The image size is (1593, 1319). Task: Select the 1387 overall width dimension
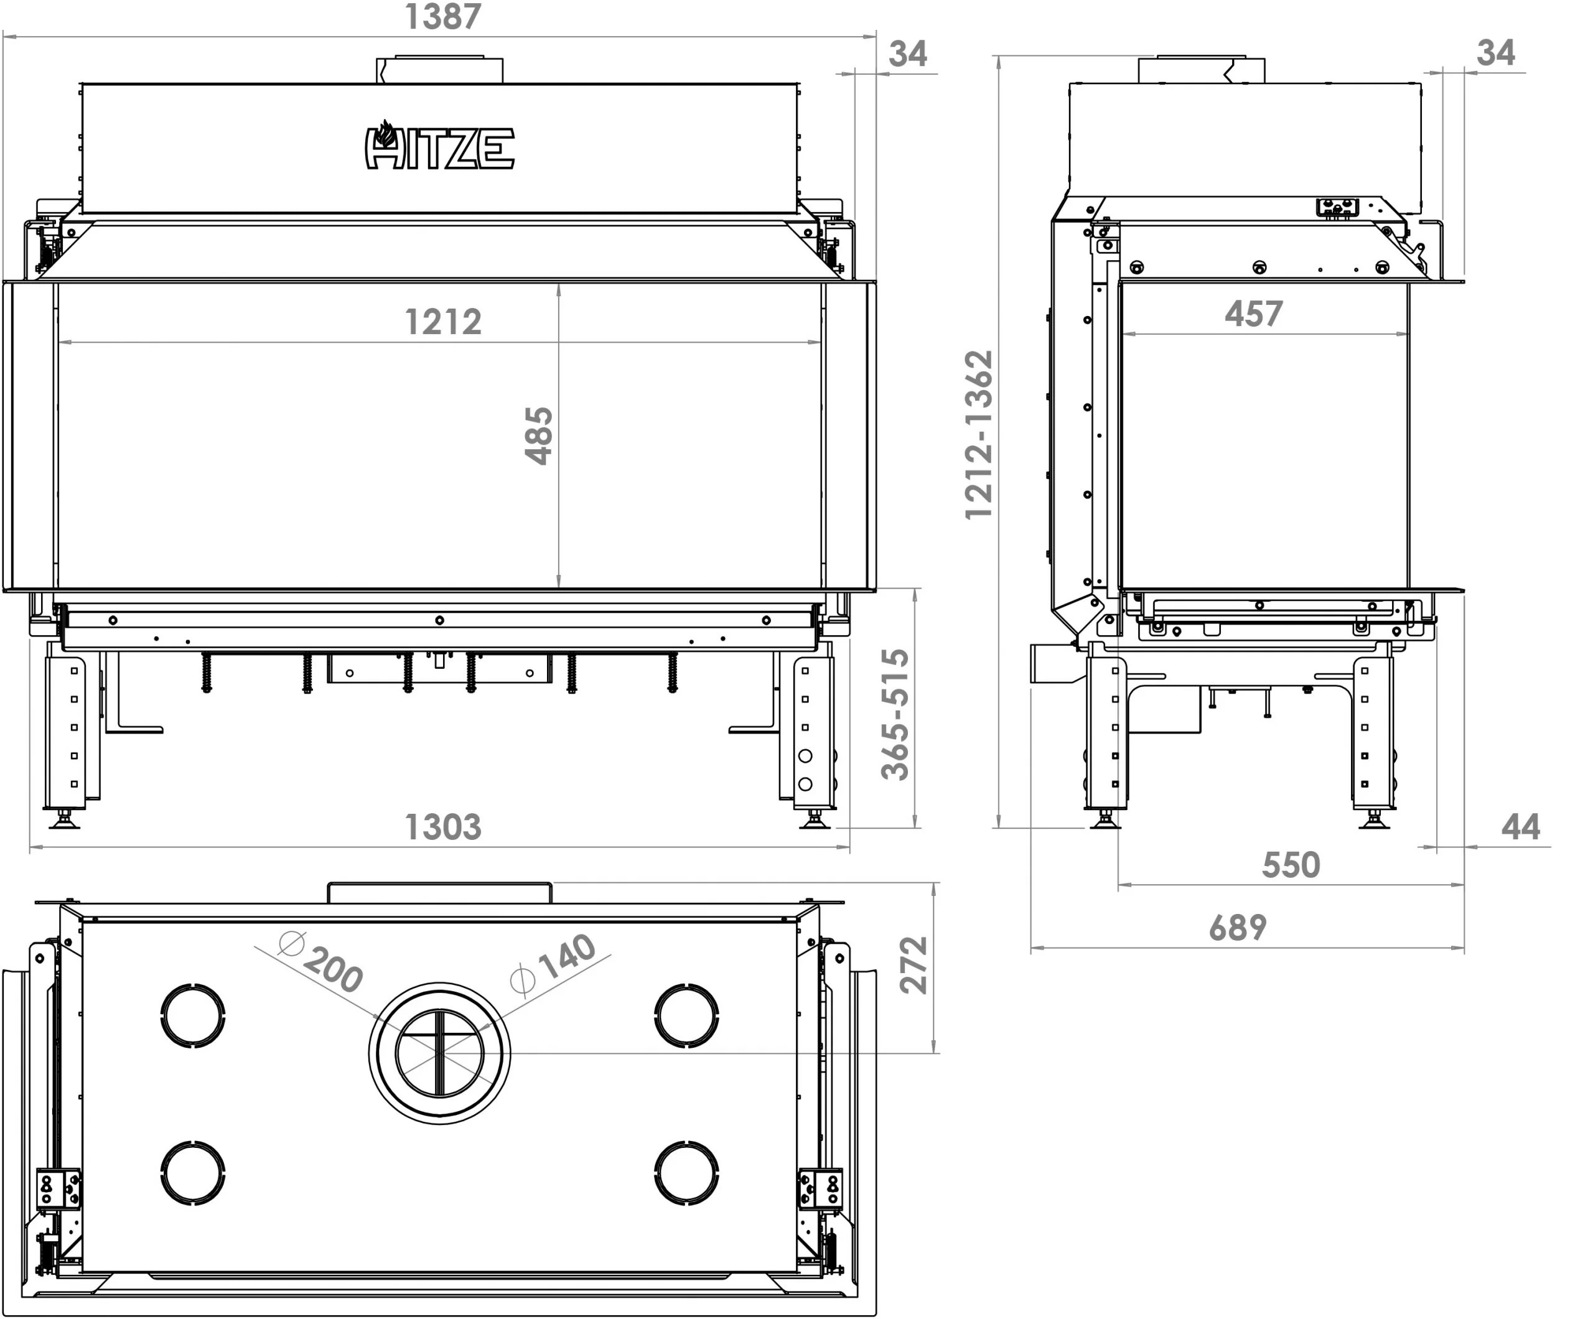pyautogui.click(x=443, y=17)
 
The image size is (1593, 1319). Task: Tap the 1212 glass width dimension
pyautogui.click(x=443, y=322)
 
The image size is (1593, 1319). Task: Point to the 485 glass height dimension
pyautogui.click(x=540, y=436)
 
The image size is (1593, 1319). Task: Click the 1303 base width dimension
pyautogui.click(x=443, y=827)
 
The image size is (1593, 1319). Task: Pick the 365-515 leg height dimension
pyautogui.click(x=895, y=714)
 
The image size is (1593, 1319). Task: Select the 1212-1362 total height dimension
pyautogui.click(x=979, y=435)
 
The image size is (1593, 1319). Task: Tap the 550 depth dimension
pyautogui.click(x=1291, y=865)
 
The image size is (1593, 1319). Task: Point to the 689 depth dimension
pyautogui.click(x=1238, y=928)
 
